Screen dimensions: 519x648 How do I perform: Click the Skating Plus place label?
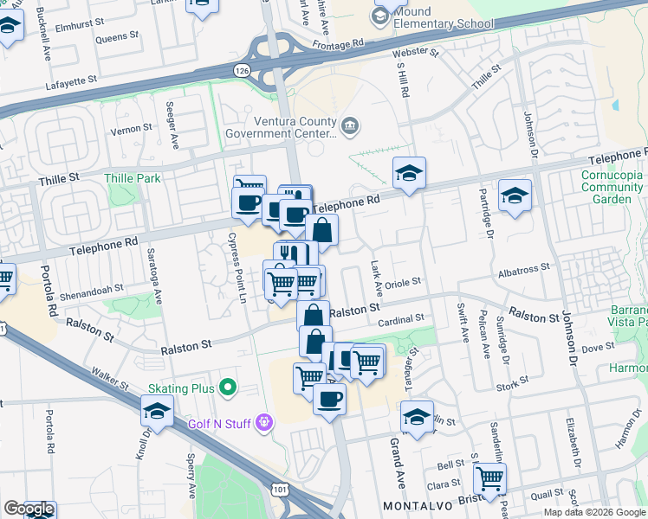click(179, 388)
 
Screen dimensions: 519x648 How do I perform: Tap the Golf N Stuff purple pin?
click(264, 422)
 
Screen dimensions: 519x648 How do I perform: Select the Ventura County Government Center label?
click(280, 127)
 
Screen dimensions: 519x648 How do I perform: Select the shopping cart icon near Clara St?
click(491, 476)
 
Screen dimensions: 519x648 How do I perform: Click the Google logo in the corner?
click(29, 509)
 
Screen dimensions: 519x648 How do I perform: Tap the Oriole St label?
click(404, 282)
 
